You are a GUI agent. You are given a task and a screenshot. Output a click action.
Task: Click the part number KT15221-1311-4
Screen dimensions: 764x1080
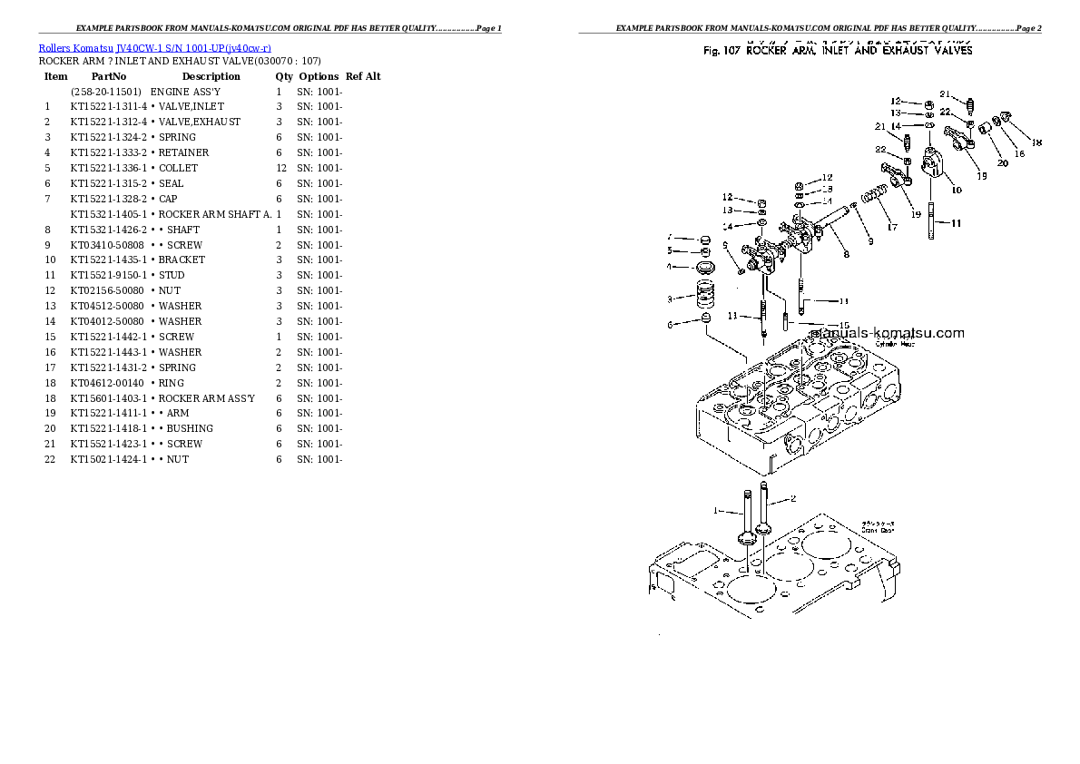[x=108, y=106]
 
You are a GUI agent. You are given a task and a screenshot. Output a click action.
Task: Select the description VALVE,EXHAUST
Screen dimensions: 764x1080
[x=199, y=122]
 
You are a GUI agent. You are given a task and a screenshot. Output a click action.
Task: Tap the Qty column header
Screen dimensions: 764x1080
[x=284, y=76]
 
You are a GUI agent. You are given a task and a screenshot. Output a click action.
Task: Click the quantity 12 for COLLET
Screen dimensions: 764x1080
[x=280, y=168]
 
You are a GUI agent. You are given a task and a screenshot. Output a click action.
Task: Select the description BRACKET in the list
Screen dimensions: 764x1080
[x=181, y=260]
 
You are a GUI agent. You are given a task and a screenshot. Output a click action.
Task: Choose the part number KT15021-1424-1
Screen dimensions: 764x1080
[x=108, y=459]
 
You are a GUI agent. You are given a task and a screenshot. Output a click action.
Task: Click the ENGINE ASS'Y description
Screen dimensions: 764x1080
[x=185, y=92]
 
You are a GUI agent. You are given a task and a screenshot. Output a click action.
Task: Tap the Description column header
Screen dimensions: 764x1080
[x=211, y=76]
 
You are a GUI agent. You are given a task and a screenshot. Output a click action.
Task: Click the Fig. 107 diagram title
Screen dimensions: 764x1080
[x=838, y=51]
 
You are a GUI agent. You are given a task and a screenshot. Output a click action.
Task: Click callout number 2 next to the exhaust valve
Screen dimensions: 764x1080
[x=792, y=498]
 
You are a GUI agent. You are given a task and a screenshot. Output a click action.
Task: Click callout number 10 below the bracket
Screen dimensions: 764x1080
[x=956, y=191]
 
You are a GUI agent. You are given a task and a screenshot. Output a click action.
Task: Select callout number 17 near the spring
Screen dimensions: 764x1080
[x=892, y=228]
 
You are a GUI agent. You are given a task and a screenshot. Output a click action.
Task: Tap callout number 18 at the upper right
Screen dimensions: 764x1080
[x=1037, y=142]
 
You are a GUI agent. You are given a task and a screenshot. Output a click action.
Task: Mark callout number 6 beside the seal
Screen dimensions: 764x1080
[x=670, y=324]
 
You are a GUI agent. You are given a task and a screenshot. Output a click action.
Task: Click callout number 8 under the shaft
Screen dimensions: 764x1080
[x=846, y=256]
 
